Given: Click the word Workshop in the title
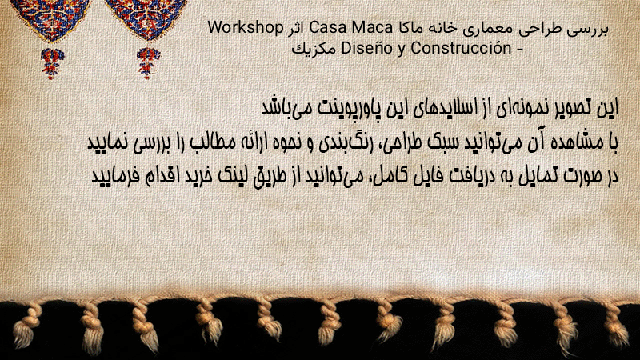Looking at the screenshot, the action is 246,28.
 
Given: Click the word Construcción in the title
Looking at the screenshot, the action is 461,48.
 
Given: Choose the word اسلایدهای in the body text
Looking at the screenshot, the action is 450,108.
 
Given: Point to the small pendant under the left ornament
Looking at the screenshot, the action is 52,62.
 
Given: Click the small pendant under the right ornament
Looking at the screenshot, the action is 148,62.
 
